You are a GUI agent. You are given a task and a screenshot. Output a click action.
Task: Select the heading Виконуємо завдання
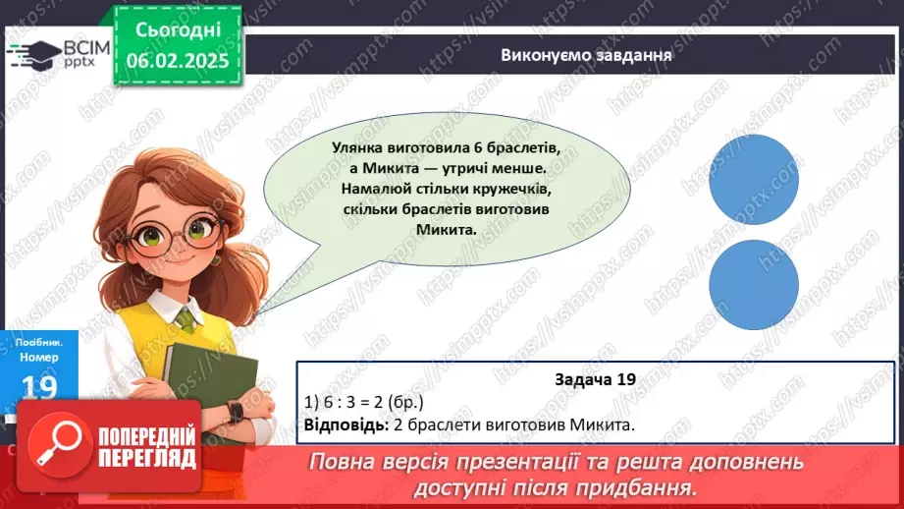[x=586, y=55]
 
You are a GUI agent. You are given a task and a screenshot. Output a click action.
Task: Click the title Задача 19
[x=596, y=379]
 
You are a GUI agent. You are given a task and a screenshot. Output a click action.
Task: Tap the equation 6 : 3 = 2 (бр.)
[x=365, y=403]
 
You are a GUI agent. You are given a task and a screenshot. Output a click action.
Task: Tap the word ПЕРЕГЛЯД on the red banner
[x=148, y=459]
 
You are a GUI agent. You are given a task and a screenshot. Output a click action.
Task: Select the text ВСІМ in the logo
[x=85, y=46]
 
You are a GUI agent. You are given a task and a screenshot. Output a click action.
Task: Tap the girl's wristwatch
[x=237, y=411]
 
